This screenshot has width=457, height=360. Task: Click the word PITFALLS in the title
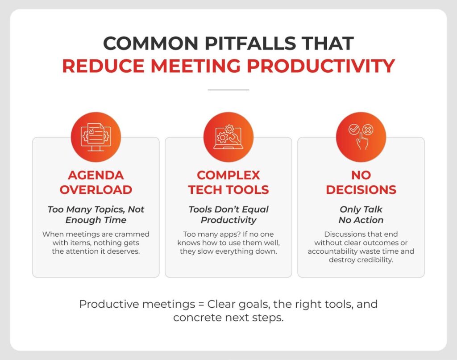(250, 43)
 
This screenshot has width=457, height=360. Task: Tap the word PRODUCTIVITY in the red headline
(321, 66)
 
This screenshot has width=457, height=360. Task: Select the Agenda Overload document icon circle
(96, 137)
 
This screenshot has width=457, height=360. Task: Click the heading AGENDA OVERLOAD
(96, 182)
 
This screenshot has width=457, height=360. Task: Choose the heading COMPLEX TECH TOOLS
(228, 182)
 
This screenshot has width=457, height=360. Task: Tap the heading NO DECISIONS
(361, 182)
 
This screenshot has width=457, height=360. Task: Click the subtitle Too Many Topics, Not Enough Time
(96, 214)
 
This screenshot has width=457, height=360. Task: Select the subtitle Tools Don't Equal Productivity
(228, 214)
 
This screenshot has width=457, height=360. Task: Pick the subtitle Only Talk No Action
(361, 214)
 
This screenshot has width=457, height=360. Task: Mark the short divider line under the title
(228, 90)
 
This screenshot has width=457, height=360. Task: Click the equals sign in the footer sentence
(201, 304)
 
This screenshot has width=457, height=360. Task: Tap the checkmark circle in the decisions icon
(354, 129)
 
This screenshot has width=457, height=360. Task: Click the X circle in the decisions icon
(368, 129)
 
